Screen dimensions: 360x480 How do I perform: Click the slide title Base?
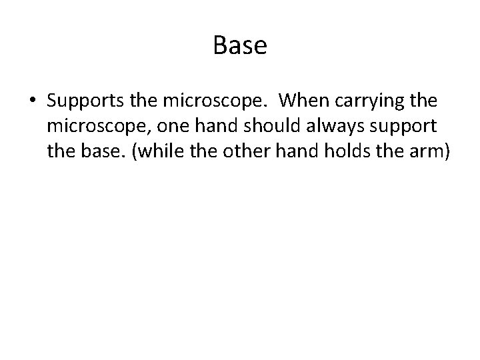tap(240, 46)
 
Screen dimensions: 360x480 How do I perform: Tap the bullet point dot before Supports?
tap(32, 101)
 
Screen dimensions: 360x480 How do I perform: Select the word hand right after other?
tap(291, 153)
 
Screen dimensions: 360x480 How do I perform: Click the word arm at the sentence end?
tap(428, 153)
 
